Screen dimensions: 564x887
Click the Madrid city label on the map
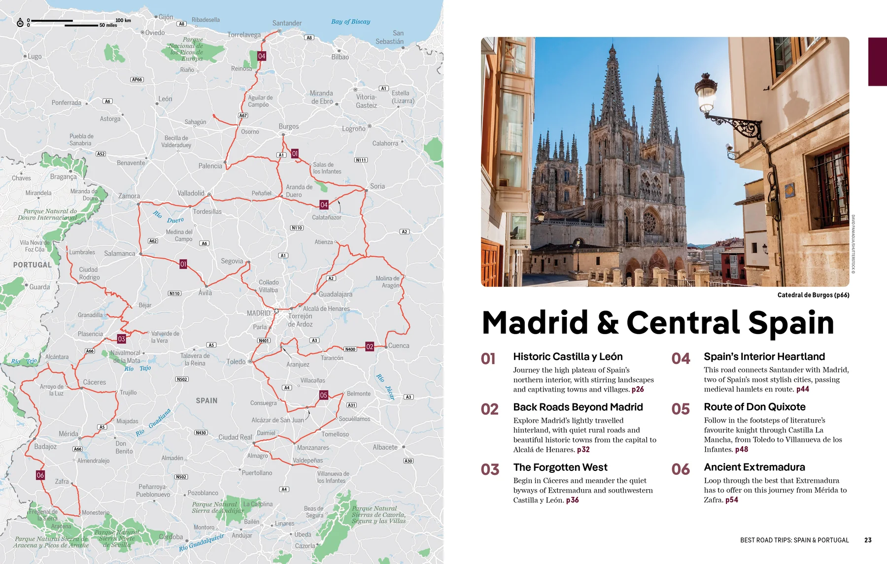pyautogui.click(x=258, y=313)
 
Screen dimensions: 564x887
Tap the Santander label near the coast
pyautogui.click(x=287, y=23)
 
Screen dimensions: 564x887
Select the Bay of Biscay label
pyautogui.click(x=350, y=22)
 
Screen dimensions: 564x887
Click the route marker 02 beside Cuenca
pyautogui.click(x=370, y=347)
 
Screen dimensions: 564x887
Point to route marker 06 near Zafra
pyautogui.click(x=40, y=475)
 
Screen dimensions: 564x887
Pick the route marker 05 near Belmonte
pyautogui.click(x=323, y=395)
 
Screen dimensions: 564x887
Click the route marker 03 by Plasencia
pyautogui.click(x=121, y=339)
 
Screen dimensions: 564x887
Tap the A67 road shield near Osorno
pyautogui.click(x=243, y=116)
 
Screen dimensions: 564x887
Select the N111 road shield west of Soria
pyautogui.click(x=361, y=160)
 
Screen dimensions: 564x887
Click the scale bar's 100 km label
pyautogui.click(x=123, y=20)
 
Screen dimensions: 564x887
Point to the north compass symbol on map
pyautogui.click(x=20, y=23)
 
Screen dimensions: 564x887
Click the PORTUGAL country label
pyautogui.click(x=32, y=265)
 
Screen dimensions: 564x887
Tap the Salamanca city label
pyautogui.click(x=119, y=254)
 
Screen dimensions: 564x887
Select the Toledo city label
pyautogui.click(x=236, y=362)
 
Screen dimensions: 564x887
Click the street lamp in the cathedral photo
pyautogui.click(x=706, y=92)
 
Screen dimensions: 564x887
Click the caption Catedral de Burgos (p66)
pyautogui.click(x=813, y=295)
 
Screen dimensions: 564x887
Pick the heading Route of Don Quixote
pyautogui.click(x=754, y=407)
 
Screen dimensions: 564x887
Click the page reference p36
pyautogui.click(x=573, y=500)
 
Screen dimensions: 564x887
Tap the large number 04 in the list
pyautogui.click(x=681, y=359)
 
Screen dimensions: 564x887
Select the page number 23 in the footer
pyautogui.click(x=868, y=540)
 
